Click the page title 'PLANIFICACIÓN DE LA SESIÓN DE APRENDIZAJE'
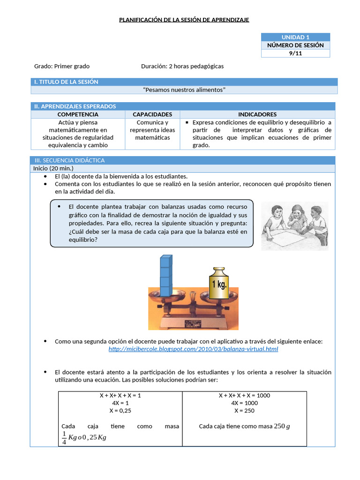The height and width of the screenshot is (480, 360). pyautogui.click(x=184, y=20)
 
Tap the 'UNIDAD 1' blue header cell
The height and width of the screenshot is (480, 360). pyautogui.click(x=295, y=37)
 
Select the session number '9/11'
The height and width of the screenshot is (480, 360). pyautogui.click(x=295, y=53)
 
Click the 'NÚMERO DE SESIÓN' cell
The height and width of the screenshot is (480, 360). pyautogui.click(x=295, y=45)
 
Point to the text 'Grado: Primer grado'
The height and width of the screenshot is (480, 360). pyautogui.click(x=62, y=66)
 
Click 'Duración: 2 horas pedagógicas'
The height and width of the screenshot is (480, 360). pyautogui.click(x=182, y=66)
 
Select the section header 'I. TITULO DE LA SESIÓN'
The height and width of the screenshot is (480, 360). pyautogui.click(x=66, y=82)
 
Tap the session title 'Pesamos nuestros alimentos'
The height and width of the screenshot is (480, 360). pyautogui.click(x=184, y=90)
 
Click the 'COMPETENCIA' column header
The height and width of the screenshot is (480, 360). pyautogui.click(x=78, y=114)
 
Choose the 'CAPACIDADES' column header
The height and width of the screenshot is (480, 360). pyautogui.click(x=152, y=114)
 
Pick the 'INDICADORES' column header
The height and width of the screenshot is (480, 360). pyautogui.click(x=257, y=114)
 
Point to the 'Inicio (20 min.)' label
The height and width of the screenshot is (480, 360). pyautogui.click(x=53, y=168)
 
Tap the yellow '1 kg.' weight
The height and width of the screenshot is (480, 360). pyautogui.click(x=218, y=284)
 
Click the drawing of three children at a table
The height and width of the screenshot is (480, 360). pyautogui.click(x=294, y=225)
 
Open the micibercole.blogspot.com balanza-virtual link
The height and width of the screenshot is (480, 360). pyautogui.click(x=193, y=349)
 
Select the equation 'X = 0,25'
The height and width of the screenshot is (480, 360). pyautogui.click(x=120, y=410)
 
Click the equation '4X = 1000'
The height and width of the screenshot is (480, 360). pyautogui.click(x=244, y=403)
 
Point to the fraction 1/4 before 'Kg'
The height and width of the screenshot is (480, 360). pyautogui.click(x=64, y=437)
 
